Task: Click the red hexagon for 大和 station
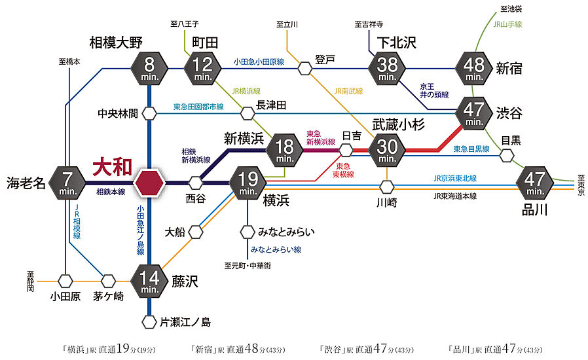click(x=150, y=182)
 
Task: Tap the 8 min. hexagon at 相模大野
click(x=150, y=67)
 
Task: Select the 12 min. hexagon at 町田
click(x=203, y=67)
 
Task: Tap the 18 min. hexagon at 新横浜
click(x=284, y=149)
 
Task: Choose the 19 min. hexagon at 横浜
click(x=248, y=181)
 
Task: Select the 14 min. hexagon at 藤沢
click(x=150, y=281)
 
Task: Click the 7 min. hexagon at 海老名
click(x=67, y=182)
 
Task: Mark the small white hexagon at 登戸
click(x=304, y=67)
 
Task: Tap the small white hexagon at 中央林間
click(x=150, y=113)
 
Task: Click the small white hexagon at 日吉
click(x=346, y=150)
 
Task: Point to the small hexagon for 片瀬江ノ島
click(x=150, y=321)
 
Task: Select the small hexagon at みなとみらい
click(x=248, y=232)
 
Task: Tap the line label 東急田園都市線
click(x=198, y=106)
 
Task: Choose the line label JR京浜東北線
click(x=454, y=178)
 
